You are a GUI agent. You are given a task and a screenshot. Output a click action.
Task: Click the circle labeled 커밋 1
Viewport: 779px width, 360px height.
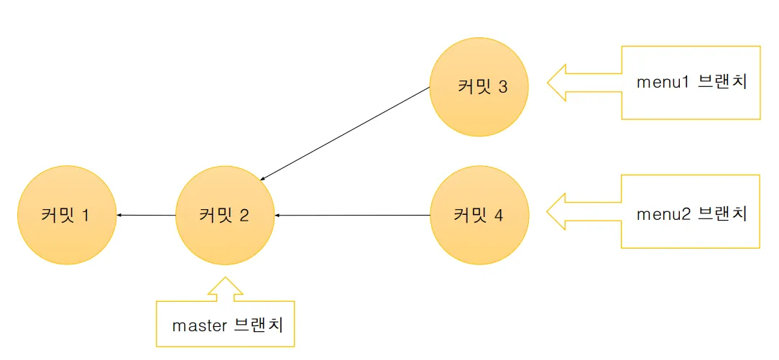coord(66,215)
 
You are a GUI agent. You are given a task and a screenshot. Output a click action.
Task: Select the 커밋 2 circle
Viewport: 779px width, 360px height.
coord(225,215)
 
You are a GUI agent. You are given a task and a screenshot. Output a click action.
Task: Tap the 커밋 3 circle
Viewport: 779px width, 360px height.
coord(479,87)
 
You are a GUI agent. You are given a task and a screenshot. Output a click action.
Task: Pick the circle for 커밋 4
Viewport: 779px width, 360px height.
coord(479,215)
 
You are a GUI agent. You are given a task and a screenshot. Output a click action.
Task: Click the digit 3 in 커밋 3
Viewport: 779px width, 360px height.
coord(502,87)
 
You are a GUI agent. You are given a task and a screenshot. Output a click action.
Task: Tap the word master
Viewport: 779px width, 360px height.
coord(199,325)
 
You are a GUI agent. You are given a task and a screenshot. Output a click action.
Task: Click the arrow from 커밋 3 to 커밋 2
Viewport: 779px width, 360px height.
coord(345,134)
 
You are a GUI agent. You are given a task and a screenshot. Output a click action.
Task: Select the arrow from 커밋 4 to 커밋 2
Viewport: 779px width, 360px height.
coord(352,215)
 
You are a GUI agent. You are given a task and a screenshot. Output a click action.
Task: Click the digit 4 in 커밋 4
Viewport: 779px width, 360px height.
coord(499,215)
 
